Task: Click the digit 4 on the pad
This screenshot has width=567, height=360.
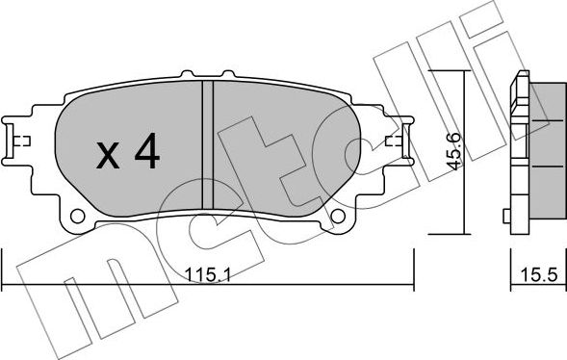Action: pyautogui.click(x=146, y=151)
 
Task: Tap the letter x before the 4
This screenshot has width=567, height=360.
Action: pyautogui.click(x=108, y=153)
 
